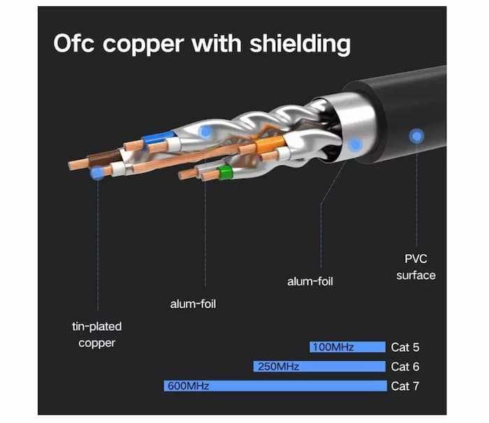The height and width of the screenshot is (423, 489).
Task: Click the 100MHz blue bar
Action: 347,347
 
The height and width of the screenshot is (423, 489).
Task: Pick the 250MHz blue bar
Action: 319,366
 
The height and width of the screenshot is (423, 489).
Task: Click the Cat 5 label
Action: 405,347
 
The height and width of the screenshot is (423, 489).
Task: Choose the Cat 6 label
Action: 405,366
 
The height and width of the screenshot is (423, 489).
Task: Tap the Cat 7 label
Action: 405,386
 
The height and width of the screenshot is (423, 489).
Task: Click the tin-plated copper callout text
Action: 97,334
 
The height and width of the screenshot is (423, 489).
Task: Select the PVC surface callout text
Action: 416,267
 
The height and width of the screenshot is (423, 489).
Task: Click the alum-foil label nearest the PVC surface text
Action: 310,281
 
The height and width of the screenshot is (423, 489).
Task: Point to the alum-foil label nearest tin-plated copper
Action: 194,304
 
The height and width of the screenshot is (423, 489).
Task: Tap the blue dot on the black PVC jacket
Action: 417,135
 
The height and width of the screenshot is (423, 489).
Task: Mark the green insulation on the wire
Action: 225,172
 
